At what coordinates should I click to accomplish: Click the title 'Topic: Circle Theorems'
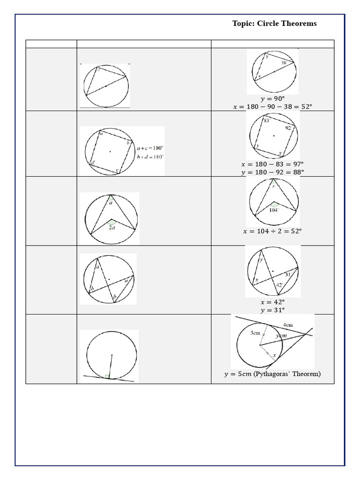274,23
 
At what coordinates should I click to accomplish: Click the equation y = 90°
272,99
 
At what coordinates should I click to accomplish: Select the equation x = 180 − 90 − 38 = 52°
272,107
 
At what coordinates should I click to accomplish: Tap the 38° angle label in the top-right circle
284,62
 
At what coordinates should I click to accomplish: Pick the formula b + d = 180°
150,157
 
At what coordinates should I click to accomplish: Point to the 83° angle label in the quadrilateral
266,120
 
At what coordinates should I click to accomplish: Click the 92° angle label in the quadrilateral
288,127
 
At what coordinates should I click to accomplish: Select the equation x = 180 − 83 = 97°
272,164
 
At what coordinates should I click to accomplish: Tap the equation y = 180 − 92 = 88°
272,172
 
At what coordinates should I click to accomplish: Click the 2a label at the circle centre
112,227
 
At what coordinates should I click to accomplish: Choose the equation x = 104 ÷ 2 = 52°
272,231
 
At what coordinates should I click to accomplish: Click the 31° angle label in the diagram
289,274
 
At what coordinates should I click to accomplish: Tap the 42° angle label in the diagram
279,284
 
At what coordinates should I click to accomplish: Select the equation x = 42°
272,302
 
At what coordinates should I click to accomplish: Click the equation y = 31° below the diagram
272,310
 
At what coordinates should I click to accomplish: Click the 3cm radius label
255,333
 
